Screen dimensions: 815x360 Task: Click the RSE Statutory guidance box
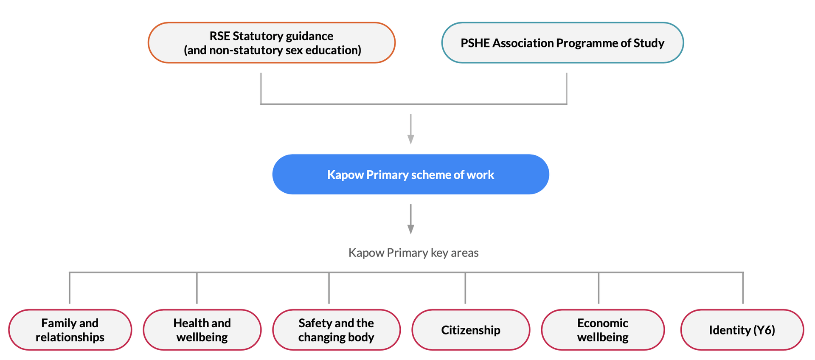[272, 43]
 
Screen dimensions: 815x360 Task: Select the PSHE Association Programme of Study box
[562, 43]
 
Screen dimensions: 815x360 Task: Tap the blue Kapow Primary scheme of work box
[410, 174]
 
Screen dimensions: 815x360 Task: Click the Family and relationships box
[70, 330]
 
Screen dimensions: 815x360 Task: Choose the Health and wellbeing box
[202, 330]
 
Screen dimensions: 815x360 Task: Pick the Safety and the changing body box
[336, 330]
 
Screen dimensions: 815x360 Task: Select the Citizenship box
[471, 330]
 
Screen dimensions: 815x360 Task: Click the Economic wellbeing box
[603, 330]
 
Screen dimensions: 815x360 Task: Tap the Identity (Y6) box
[742, 330]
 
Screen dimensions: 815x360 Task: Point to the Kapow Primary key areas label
[413, 253]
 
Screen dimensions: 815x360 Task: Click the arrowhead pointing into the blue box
[410, 140]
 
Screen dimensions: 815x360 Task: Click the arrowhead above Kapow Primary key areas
[410, 230]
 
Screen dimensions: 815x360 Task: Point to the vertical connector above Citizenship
[465, 288]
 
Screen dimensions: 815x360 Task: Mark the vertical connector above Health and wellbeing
[197, 288]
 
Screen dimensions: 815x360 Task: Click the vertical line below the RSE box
[261, 88]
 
